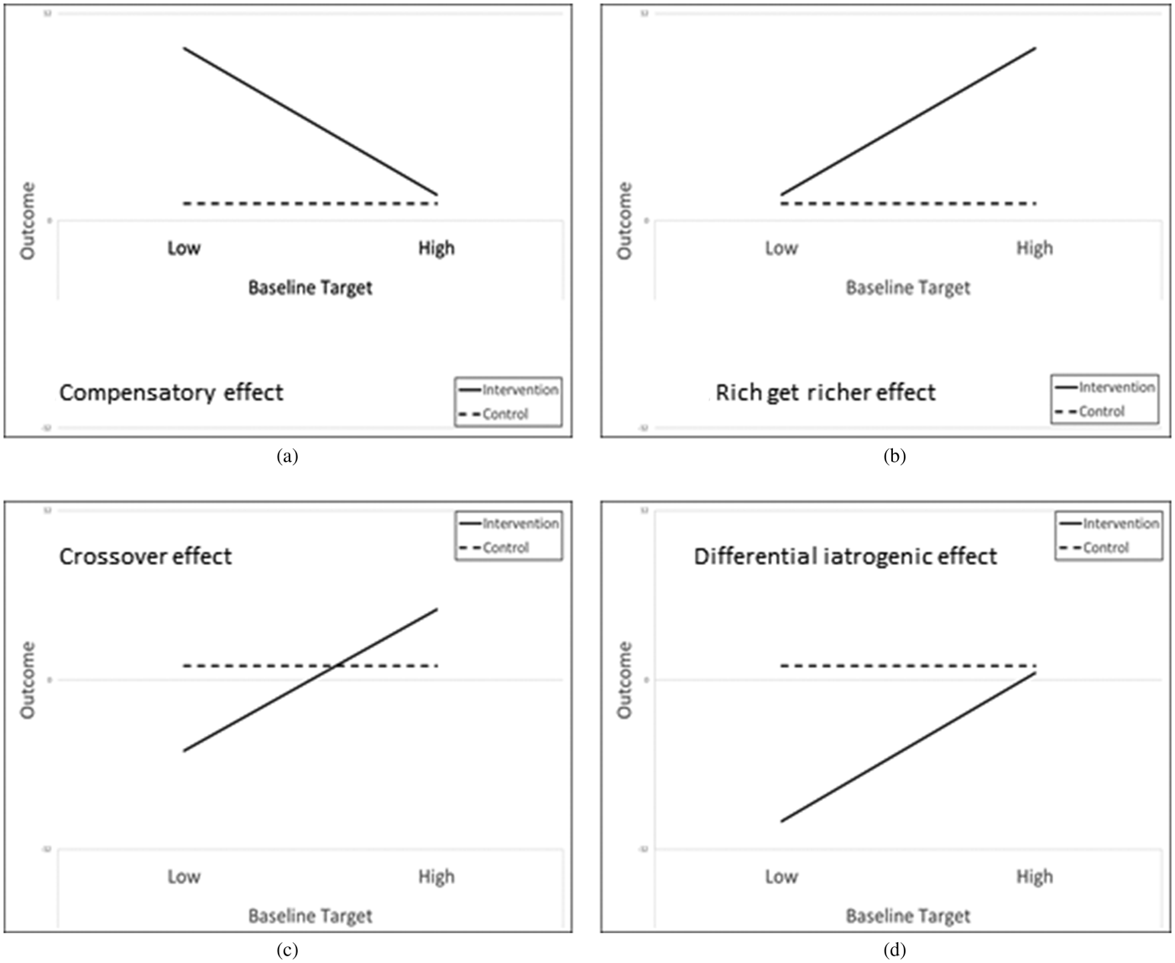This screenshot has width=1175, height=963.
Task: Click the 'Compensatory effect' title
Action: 171,393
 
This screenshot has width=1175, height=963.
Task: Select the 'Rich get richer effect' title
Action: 825,393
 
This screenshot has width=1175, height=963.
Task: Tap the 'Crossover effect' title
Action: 145,557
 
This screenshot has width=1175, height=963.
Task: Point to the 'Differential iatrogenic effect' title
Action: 845,557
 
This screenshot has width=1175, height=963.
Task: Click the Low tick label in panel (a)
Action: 184,249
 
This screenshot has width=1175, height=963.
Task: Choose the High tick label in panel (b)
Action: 1034,249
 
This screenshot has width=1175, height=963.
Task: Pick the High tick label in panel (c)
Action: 436,877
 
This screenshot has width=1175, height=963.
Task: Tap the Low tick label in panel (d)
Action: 781,877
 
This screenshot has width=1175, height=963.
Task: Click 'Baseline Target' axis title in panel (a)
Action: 311,288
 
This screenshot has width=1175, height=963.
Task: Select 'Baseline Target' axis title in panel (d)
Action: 908,917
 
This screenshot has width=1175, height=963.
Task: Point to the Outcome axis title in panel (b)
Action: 624,221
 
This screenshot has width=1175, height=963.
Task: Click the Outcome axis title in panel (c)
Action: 29,680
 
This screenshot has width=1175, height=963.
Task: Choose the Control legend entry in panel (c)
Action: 505,547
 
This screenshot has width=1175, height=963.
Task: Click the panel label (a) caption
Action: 287,457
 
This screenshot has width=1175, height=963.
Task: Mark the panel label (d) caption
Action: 895,950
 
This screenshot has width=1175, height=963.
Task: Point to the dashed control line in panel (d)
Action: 906,666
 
